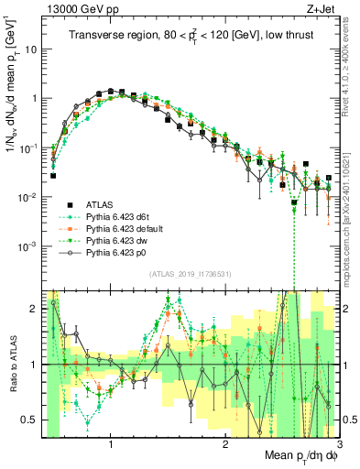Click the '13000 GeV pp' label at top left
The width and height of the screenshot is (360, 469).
coord(82,8)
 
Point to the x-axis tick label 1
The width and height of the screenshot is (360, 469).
coord(111,444)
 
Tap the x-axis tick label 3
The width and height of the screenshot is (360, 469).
coord(338,444)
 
